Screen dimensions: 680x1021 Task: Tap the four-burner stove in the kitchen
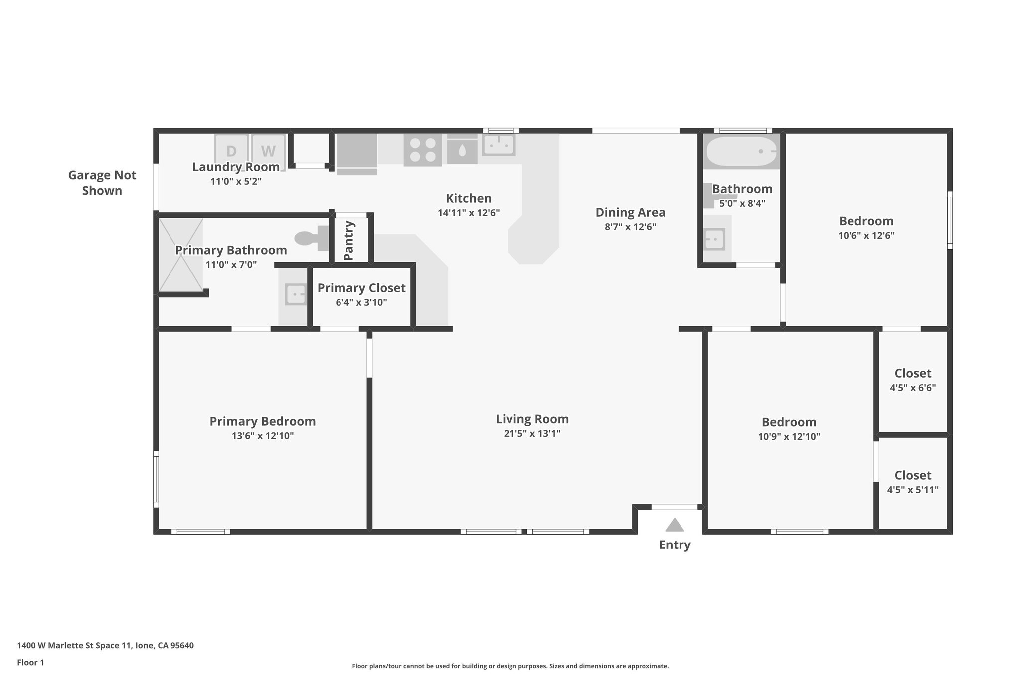(x=422, y=150)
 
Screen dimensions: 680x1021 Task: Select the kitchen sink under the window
(x=498, y=145)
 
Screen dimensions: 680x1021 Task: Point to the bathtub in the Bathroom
(x=741, y=151)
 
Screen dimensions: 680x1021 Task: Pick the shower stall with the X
(x=180, y=255)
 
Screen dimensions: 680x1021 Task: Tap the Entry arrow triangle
(x=674, y=525)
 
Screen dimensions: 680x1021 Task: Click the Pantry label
(x=349, y=240)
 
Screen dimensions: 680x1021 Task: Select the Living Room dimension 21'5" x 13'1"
(x=532, y=433)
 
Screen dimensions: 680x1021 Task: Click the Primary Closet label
(x=361, y=288)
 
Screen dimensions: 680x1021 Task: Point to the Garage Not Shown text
(x=102, y=183)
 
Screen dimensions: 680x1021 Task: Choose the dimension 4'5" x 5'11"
(x=912, y=490)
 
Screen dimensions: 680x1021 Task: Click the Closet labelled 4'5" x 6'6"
(x=912, y=373)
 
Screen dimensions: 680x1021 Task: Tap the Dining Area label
(x=630, y=212)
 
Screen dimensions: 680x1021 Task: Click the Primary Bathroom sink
(x=296, y=294)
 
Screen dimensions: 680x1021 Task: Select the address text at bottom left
(x=105, y=645)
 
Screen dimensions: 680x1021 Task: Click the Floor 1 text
(x=30, y=662)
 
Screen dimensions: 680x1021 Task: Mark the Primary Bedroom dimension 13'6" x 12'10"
(x=262, y=436)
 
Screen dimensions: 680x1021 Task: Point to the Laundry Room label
(x=236, y=167)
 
